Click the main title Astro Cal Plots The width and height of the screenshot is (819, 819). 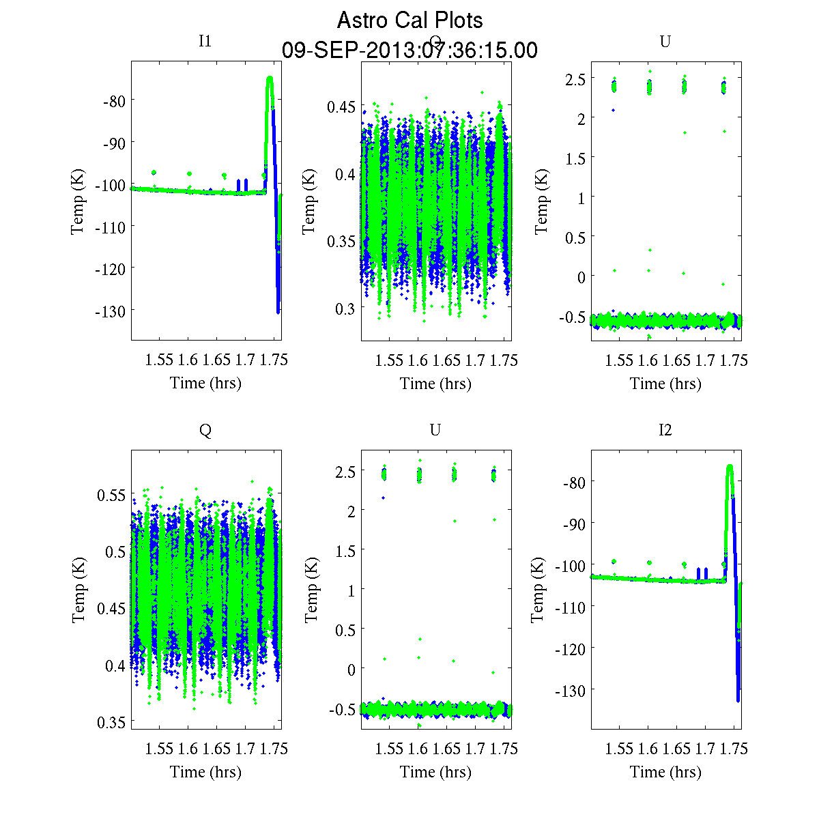[409, 20]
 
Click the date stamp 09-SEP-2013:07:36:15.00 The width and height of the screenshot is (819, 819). [409, 51]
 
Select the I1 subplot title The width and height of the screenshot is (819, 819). [205, 41]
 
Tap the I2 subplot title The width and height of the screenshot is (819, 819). [665, 430]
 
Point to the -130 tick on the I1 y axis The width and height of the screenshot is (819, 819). [113, 311]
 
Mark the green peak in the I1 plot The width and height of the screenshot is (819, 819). [270, 79]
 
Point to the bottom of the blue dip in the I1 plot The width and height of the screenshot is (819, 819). [278, 312]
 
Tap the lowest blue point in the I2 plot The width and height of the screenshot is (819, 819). [738, 700]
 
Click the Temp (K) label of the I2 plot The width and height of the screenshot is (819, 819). [538, 590]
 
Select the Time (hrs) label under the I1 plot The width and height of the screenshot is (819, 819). [205, 383]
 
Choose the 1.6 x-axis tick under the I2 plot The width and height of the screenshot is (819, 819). [648, 749]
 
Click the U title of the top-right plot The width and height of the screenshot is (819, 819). [665, 42]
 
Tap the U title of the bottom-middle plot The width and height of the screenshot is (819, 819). [435, 430]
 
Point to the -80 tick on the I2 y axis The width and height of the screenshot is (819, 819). [573, 483]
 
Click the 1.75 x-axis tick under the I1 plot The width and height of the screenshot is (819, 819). [274, 360]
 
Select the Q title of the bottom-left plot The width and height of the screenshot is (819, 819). [205, 430]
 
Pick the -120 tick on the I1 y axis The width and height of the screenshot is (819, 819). [113, 269]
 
